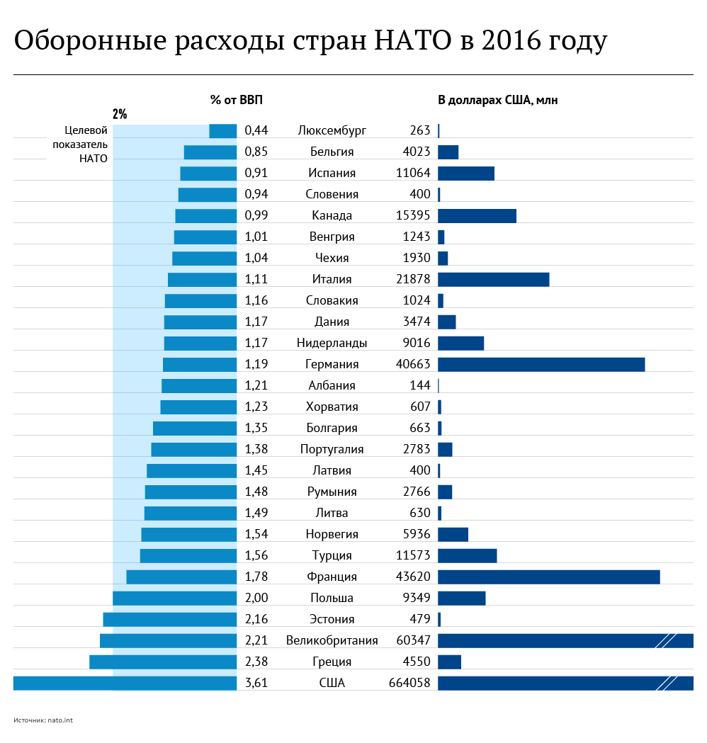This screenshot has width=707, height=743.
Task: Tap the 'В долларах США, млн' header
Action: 497,100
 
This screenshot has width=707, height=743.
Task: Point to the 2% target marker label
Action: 120,114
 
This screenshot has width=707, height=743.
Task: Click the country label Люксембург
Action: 332,130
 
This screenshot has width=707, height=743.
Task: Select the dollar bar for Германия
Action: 541,364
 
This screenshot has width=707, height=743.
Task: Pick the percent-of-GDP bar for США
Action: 125,683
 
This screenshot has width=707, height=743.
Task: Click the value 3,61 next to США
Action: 256,683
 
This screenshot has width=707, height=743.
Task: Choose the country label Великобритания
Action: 332,640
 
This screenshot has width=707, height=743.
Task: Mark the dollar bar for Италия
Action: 494,279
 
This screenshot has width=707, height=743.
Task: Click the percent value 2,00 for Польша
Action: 256,598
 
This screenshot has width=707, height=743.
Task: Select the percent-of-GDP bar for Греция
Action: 163,662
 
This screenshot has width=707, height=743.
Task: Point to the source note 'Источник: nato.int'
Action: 43,720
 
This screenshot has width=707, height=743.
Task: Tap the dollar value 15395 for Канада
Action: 413,215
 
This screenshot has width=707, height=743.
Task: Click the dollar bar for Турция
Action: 468,555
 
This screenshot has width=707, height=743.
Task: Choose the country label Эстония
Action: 332,619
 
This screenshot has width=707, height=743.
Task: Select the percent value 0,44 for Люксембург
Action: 256,130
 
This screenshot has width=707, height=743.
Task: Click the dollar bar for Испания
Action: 466,173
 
